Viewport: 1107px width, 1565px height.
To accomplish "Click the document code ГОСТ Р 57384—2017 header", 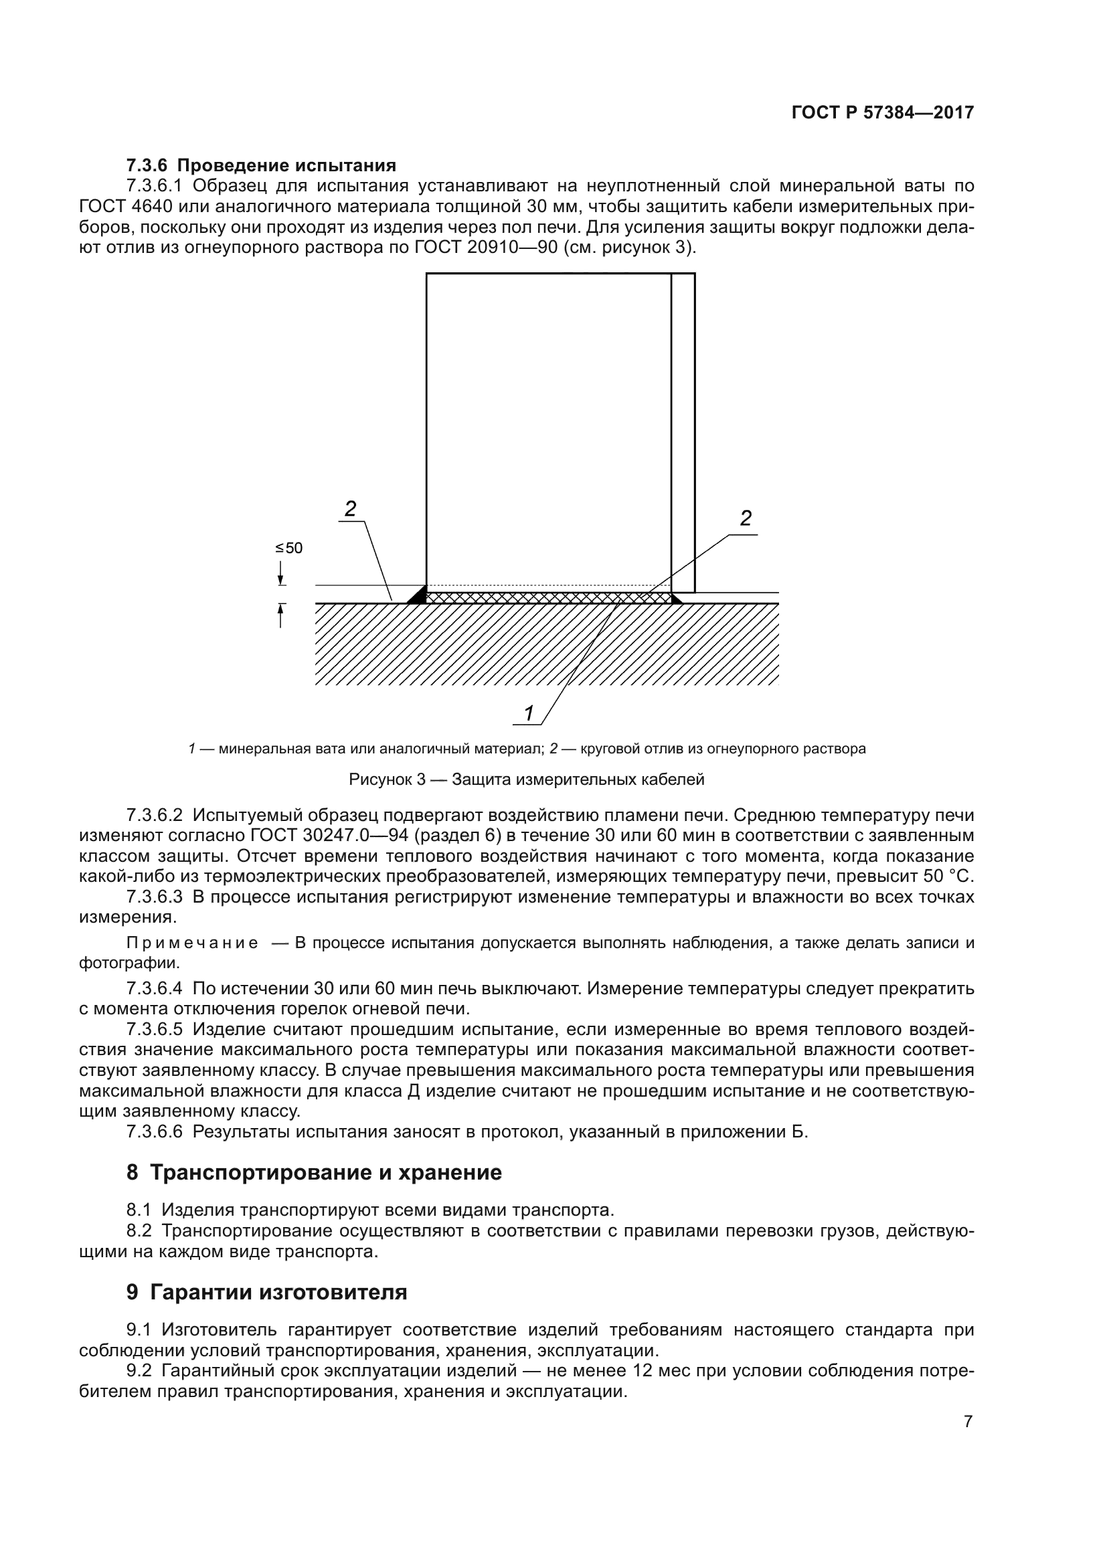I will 882,113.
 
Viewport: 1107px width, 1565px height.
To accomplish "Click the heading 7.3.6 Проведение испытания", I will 261,166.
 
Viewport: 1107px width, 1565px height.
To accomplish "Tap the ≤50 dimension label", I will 288,548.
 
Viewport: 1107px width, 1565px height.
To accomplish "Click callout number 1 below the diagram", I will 528,713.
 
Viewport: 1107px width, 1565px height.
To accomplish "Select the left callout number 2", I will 350,509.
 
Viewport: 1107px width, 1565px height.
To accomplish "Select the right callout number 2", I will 746,519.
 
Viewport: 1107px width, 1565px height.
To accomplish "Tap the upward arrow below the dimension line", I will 281,615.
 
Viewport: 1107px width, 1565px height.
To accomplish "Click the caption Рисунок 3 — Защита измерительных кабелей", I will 526,779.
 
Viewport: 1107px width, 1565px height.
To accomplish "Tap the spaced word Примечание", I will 192,943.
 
